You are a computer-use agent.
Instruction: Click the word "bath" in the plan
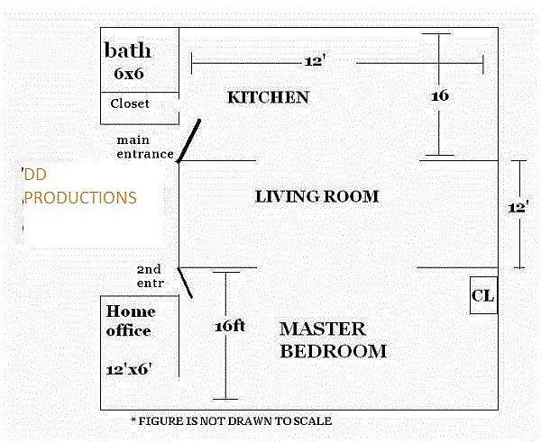(x=128, y=50)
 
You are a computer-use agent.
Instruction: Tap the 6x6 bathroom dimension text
(x=129, y=74)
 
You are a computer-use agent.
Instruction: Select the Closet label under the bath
(x=130, y=104)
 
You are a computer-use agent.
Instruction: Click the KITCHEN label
(x=268, y=97)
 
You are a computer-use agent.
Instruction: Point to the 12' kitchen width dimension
(x=314, y=61)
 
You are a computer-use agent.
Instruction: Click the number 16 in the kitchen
(x=440, y=95)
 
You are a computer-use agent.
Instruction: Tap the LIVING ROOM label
(x=316, y=196)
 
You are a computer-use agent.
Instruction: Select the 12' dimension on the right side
(x=518, y=206)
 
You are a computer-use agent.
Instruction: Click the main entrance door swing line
(x=189, y=140)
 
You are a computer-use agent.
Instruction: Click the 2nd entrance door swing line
(x=186, y=282)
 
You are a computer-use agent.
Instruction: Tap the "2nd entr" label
(x=149, y=275)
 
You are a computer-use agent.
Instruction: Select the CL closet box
(x=483, y=295)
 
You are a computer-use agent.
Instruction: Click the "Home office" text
(x=130, y=320)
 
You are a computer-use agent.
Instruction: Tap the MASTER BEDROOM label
(x=333, y=340)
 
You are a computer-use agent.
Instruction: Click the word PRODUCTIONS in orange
(x=81, y=197)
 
